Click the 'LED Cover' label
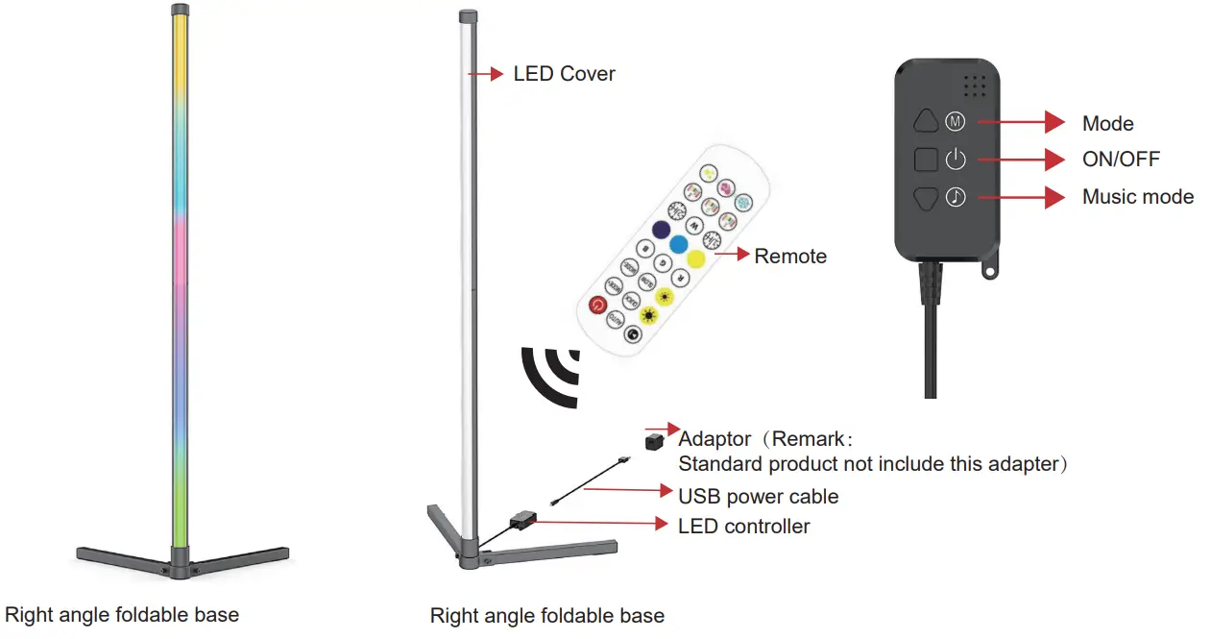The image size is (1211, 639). tap(564, 74)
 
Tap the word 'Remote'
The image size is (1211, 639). tap(790, 257)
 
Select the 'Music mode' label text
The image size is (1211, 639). tap(1138, 197)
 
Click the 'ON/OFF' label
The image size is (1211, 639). tap(1121, 160)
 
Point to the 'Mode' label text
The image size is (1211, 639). tap(1107, 124)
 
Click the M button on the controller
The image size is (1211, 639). tap(956, 121)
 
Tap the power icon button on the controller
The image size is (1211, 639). tap(956, 159)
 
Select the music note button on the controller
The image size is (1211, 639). tap(956, 196)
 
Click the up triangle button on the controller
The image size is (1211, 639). tap(926, 121)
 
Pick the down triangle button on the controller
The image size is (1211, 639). tap(926, 196)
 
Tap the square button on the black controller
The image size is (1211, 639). tap(926, 159)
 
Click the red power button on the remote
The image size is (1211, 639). tap(598, 307)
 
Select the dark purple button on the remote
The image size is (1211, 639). tap(661, 230)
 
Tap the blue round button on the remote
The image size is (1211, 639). tap(679, 244)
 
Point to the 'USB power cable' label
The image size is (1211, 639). tap(758, 497)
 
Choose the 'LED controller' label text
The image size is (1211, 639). tap(743, 527)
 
